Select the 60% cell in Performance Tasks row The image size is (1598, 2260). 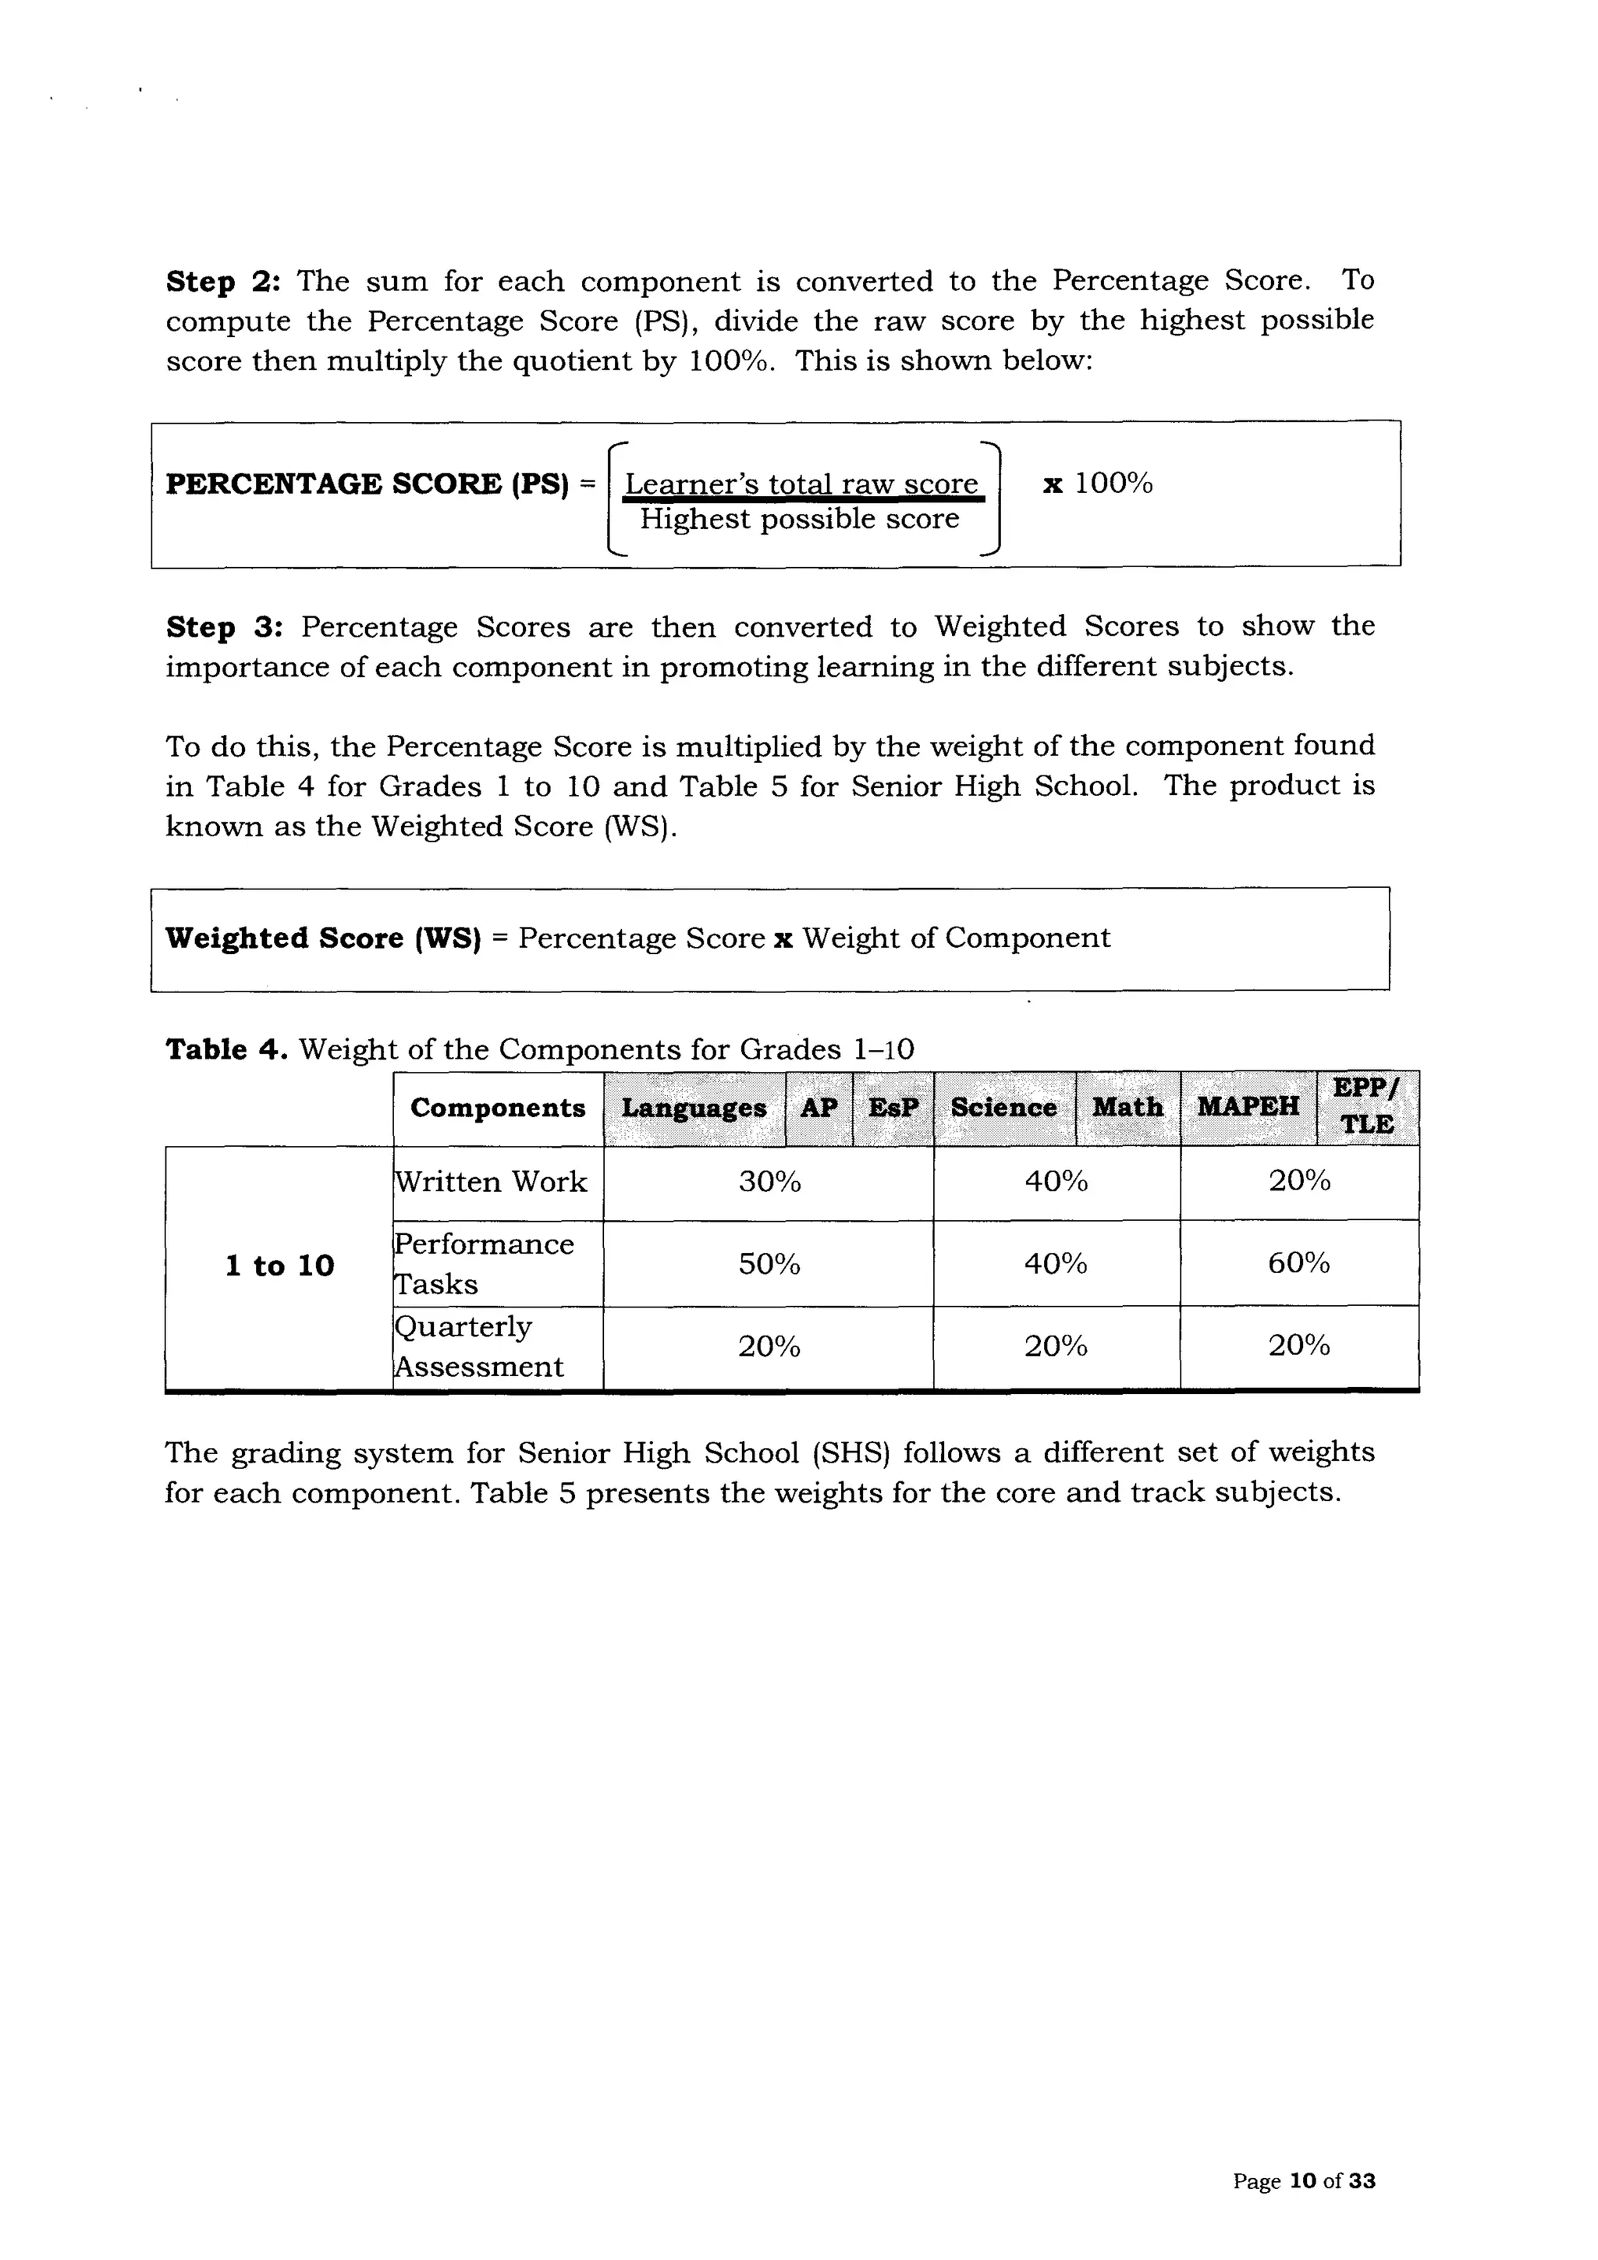click(x=1298, y=1263)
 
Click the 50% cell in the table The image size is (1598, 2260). click(x=769, y=1264)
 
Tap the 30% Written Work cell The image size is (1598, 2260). click(x=769, y=1181)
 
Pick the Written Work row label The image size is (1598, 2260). click(x=490, y=1181)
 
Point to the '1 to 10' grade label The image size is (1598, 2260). click(x=279, y=1266)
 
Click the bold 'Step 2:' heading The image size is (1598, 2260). click(x=223, y=282)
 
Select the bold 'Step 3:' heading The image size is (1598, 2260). click(x=223, y=627)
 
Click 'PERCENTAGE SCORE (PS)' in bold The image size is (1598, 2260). click(x=368, y=484)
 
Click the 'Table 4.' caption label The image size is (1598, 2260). click(x=226, y=1049)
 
